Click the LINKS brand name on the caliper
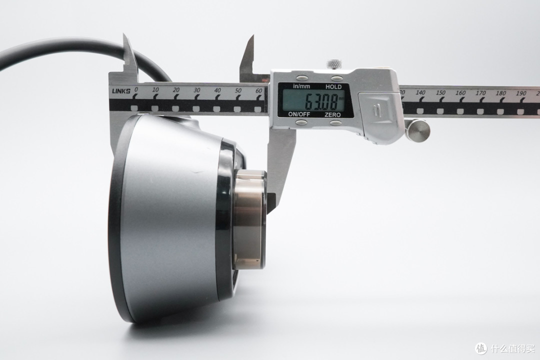click(121, 91)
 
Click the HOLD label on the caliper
click(333, 87)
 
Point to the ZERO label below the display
click(332, 114)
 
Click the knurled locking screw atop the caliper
click(333, 64)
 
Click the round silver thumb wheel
click(417, 129)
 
